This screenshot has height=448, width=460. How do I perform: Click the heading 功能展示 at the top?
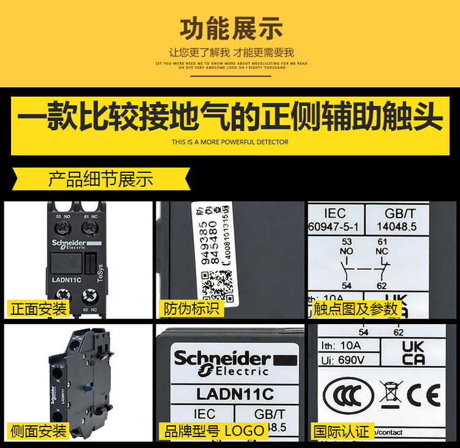click(230, 28)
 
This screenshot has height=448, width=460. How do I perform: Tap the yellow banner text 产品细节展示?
click(101, 180)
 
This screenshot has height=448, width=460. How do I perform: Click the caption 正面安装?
click(38, 308)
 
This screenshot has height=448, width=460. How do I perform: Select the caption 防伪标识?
click(191, 308)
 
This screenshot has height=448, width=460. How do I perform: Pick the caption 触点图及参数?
click(355, 308)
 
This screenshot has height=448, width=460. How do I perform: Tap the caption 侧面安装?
click(38, 430)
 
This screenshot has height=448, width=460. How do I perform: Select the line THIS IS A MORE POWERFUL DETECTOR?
click(230, 142)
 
